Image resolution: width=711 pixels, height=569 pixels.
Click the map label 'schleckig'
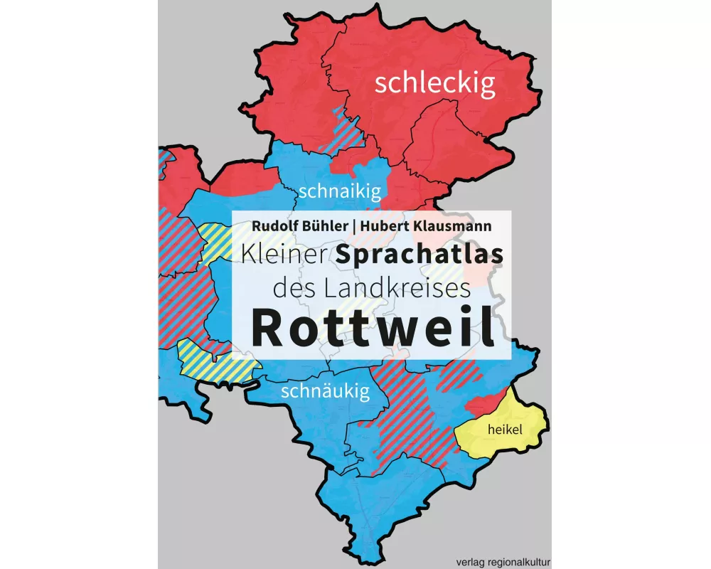pyautogui.click(x=434, y=84)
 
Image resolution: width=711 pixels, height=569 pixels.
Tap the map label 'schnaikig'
pyautogui.click(x=341, y=191)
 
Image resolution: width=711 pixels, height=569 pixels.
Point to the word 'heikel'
pyautogui.click(x=501, y=430)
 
